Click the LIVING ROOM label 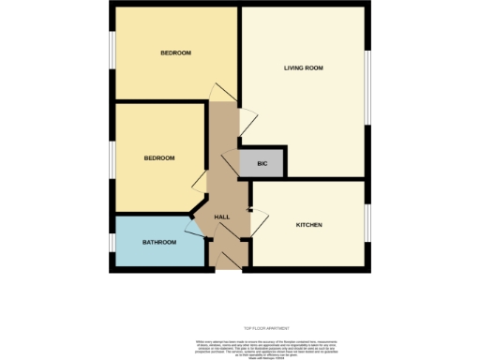pyautogui.click(x=304, y=67)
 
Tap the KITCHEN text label pyautogui.click(x=309, y=225)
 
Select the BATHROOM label pyautogui.click(x=159, y=242)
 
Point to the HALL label pyautogui.click(x=222, y=217)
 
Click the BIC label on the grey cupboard pyautogui.click(x=262, y=164)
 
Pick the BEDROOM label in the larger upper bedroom pyautogui.click(x=175, y=52)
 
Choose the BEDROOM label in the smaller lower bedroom pyautogui.click(x=159, y=157)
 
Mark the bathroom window pyautogui.click(x=112, y=242)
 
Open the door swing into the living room pyautogui.click(x=248, y=120)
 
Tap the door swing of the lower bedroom pyautogui.click(x=200, y=180)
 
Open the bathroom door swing pyautogui.click(x=199, y=227)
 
